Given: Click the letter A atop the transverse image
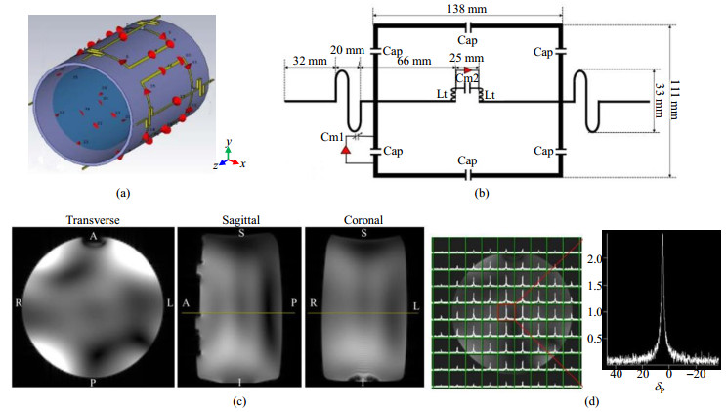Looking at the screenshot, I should pos(92,237).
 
